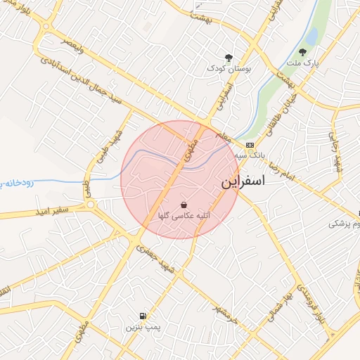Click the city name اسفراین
pyautogui.click(x=243, y=181)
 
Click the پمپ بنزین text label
pyautogui.click(x=143, y=327)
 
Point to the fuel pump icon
pyautogui.click(x=143, y=316)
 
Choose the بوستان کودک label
pyautogui.click(x=228, y=68)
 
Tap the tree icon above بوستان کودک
pyautogui.click(x=228, y=58)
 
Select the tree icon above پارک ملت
pyautogui.click(x=302, y=51)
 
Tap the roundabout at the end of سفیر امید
pyautogui.click(x=91, y=206)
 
